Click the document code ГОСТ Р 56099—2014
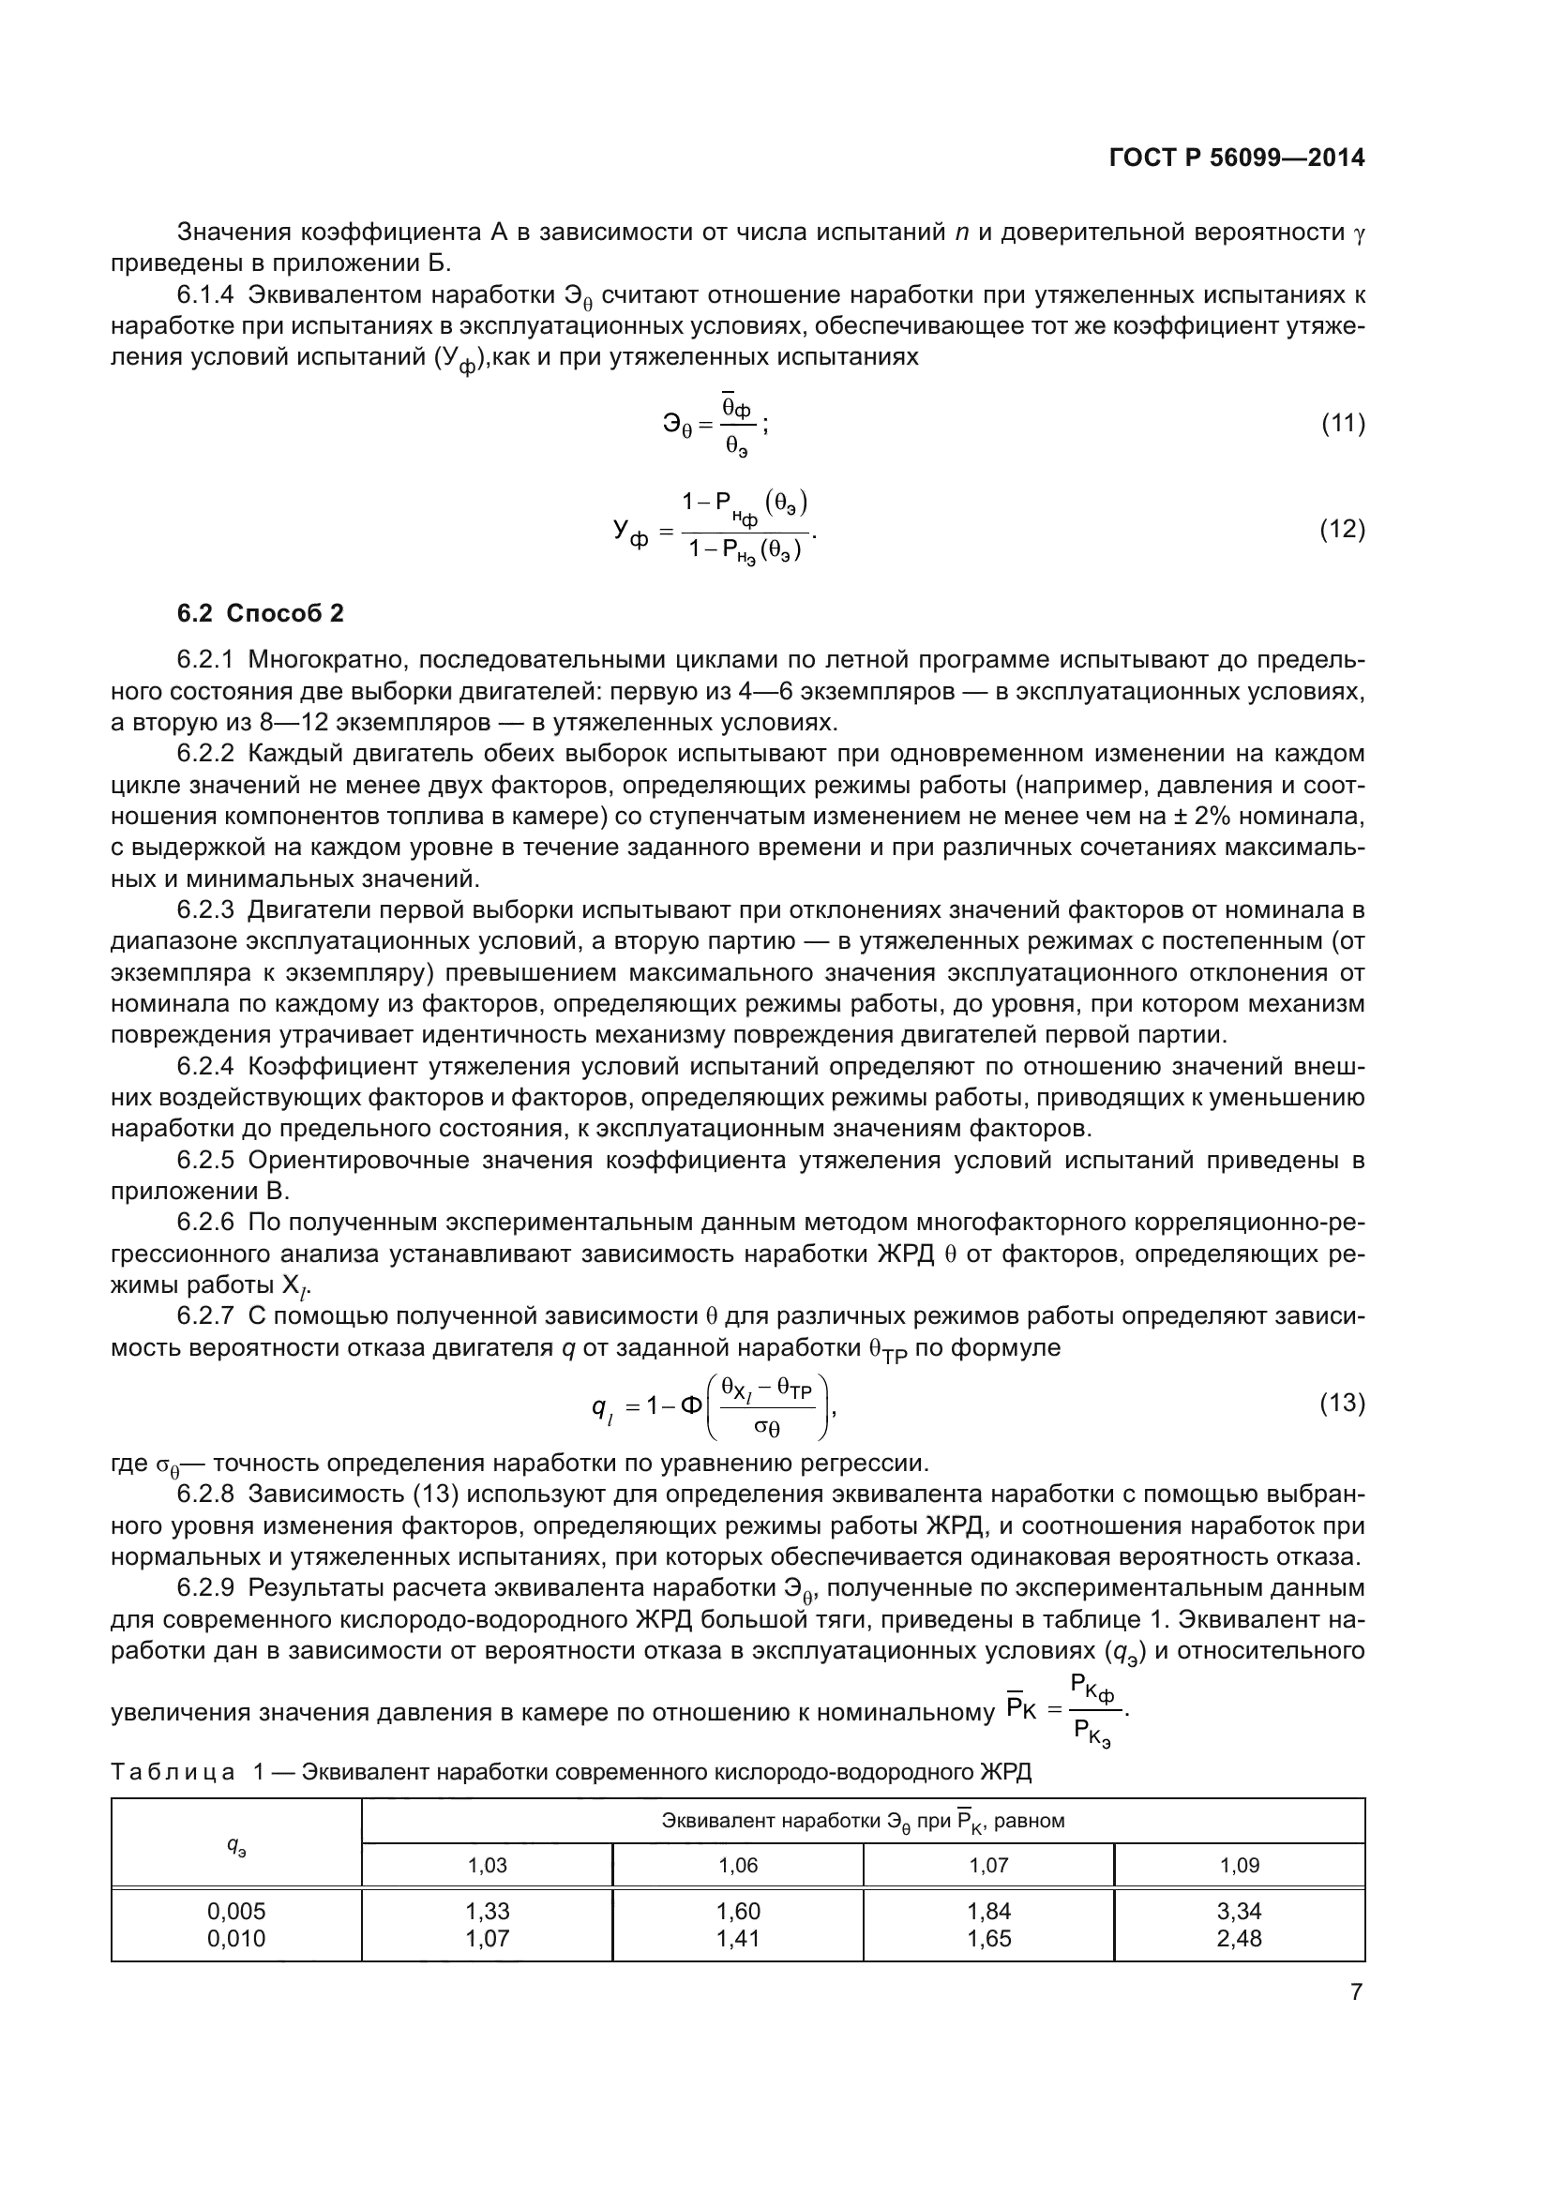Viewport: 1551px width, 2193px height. (1237, 158)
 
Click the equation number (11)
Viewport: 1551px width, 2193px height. (1342, 424)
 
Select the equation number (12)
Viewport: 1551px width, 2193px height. (1342, 529)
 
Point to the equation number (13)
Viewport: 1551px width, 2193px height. (1342, 1404)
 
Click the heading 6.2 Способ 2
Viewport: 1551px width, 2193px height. (260, 614)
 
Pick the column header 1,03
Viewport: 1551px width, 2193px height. (487, 1866)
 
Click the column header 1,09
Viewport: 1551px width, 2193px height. (1239, 1866)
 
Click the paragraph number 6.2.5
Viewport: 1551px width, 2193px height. (205, 1162)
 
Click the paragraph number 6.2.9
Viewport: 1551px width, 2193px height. (205, 1588)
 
